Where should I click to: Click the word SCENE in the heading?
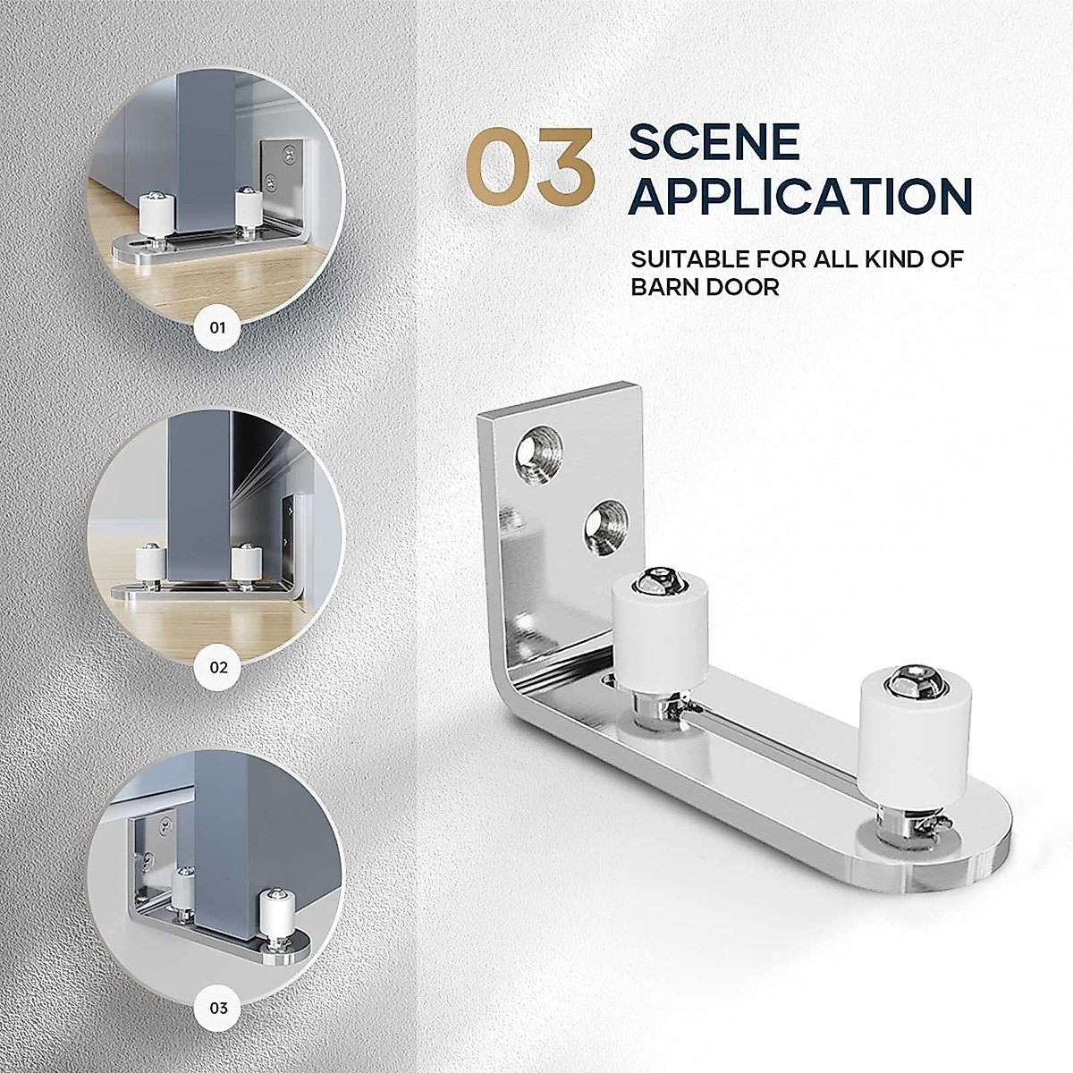[x=714, y=144]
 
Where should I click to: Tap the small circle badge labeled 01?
[x=218, y=327]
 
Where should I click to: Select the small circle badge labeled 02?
[x=218, y=667]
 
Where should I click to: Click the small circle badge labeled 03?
[x=218, y=1008]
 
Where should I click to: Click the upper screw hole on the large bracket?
[x=537, y=449]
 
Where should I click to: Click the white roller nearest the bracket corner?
[x=660, y=631]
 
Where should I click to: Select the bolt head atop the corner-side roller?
[x=658, y=582]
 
